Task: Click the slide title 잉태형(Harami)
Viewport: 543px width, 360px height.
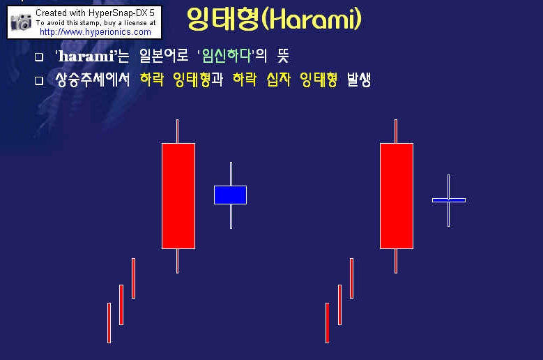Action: pyautogui.click(x=274, y=18)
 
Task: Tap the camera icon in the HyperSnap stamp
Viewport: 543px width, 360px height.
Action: pyautogui.click(x=21, y=22)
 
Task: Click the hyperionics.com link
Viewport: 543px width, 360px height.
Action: pyautogui.click(x=95, y=32)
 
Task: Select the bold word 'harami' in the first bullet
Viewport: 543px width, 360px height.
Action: pyautogui.click(x=86, y=56)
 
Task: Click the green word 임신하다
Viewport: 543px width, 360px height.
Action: pyautogui.click(x=227, y=55)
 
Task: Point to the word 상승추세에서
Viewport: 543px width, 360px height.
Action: pyautogui.click(x=93, y=80)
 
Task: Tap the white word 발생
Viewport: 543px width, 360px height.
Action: pyautogui.click(x=359, y=80)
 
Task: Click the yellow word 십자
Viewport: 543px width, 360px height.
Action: pyautogui.click(x=278, y=80)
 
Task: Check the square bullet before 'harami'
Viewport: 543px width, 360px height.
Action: pyautogui.click(x=39, y=57)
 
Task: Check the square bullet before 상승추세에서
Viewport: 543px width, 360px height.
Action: pyautogui.click(x=39, y=81)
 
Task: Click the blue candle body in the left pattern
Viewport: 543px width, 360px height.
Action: pyautogui.click(x=230, y=195)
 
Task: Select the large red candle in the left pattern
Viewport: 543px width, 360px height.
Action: pyautogui.click(x=178, y=196)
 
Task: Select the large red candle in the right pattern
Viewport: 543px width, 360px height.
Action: pyautogui.click(x=397, y=196)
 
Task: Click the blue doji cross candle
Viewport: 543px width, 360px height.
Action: pyautogui.click(x=449, y=200)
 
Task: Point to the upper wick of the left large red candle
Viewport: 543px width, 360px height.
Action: pyautogui.click(x=177, y=131)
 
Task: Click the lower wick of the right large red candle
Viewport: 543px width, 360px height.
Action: pyautogui.click(x=396, y=261)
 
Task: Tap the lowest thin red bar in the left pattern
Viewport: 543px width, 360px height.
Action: pyautogui.click(x=109, y=323)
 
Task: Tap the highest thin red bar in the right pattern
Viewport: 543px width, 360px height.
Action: pyautogui.click(x=351, y=278)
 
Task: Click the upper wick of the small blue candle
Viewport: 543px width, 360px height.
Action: pyautogui.click(x=231, y=174)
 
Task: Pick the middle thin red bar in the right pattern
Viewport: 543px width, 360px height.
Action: pyautogui.click(x=339, y=305)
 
